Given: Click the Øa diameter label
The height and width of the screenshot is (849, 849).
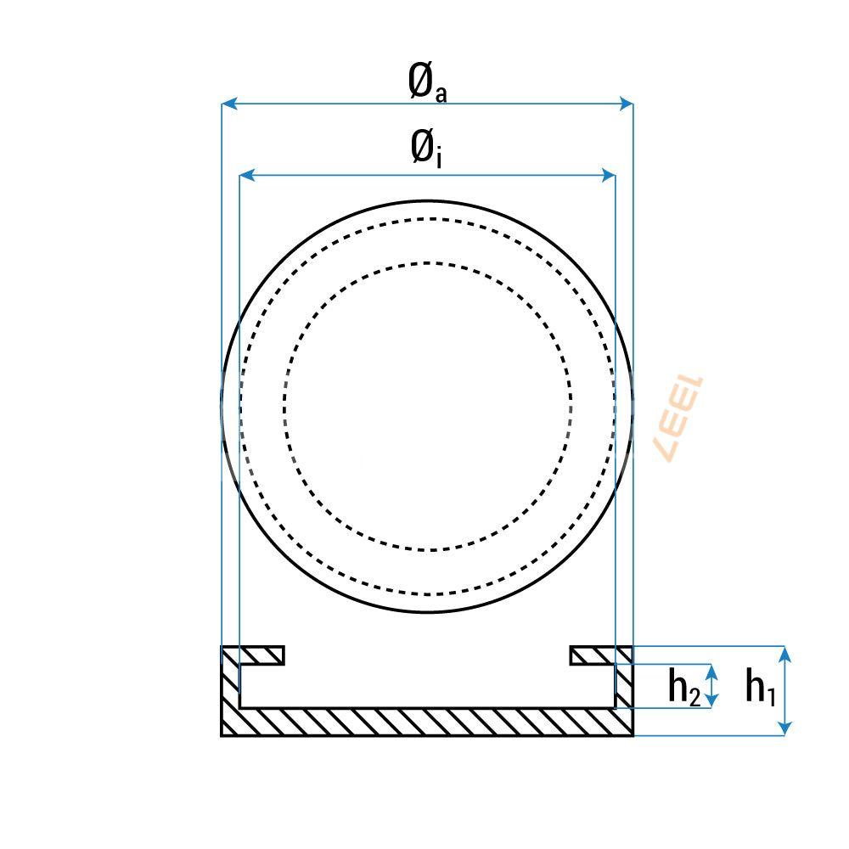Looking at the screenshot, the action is tap(427, 83).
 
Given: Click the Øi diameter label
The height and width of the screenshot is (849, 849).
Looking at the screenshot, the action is tap(427, 149).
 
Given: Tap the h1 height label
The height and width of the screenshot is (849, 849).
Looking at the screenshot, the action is tap(760, 687).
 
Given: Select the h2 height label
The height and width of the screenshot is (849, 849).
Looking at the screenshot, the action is tap(684, 687).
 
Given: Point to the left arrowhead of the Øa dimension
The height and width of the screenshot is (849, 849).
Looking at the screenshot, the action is tap(229, 104).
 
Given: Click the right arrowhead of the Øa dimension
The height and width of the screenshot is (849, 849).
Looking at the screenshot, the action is tap(626, 104).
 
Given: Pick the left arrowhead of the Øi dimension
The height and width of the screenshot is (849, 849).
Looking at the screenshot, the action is tap(247, 175).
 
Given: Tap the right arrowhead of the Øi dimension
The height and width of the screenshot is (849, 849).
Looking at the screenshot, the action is tap(608, 175).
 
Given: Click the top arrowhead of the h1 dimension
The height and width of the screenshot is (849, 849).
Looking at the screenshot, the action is tap(784, 654).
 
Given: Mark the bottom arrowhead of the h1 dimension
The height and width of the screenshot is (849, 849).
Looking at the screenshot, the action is tap(784, 728).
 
